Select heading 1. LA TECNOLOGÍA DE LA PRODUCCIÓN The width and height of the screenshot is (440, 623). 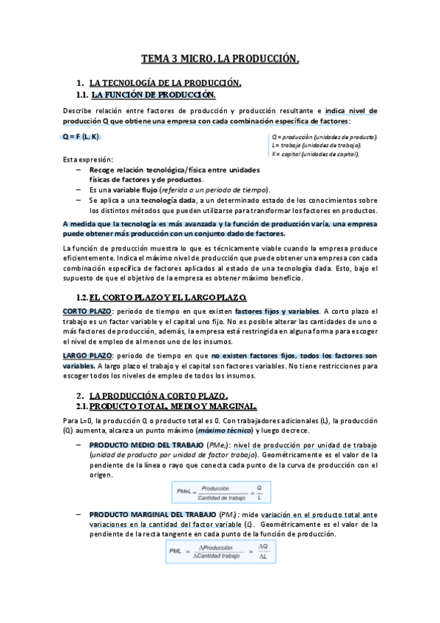165,83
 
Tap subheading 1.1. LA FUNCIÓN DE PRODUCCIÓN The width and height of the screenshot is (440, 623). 154,95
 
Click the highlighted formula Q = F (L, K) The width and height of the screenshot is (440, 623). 81,137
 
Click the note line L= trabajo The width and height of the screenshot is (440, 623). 315,146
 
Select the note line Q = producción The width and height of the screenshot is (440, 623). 324,137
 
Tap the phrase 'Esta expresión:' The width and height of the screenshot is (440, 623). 88,159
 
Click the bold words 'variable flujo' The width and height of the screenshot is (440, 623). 134,189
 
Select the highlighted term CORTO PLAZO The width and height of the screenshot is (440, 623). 87,311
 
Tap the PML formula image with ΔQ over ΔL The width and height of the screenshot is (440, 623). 217,551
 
